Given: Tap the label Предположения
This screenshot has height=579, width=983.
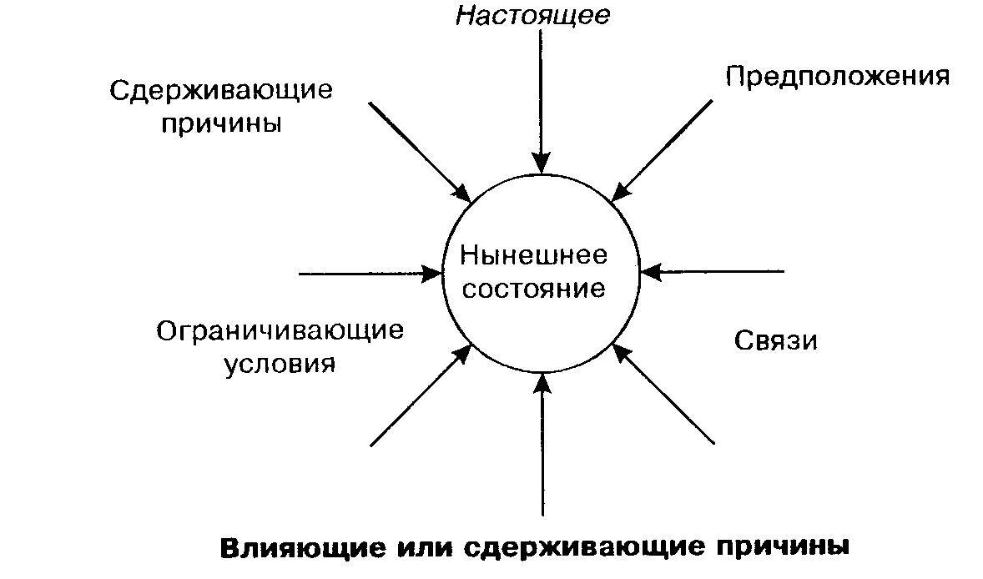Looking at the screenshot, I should tap(837, 77).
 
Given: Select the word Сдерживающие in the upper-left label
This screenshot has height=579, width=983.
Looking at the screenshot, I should tap(221, 90).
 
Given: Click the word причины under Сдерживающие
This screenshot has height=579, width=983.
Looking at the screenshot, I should tap(221, 123).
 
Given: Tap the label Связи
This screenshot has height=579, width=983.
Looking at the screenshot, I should tap(775, 340).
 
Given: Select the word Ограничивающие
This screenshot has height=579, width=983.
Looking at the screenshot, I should tap(280, 331).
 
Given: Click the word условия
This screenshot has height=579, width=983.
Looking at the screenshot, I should tap(280, 365).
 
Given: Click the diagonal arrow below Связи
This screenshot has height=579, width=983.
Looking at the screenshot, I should tap(664, 393).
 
